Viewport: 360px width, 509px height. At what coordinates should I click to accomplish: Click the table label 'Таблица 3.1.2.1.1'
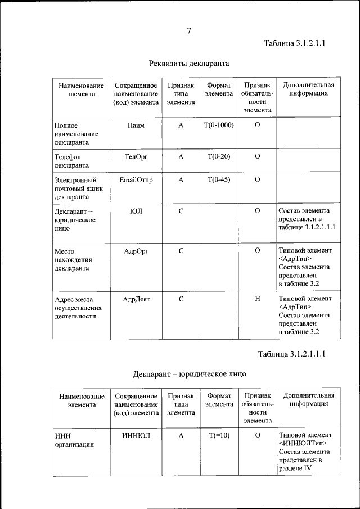295,44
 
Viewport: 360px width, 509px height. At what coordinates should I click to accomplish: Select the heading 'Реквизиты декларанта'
189,63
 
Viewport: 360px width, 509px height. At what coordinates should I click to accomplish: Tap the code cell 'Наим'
136,125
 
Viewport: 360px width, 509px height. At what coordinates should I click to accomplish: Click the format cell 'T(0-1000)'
219,125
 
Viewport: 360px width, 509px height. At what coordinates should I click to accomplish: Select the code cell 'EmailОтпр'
136,180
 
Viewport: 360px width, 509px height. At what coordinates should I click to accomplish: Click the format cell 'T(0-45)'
219,180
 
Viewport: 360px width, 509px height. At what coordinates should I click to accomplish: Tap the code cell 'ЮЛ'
136,211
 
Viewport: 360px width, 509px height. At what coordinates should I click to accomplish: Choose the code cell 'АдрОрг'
136,250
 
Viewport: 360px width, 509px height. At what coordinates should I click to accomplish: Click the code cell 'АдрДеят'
136,299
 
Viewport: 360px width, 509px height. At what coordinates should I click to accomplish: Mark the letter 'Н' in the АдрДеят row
257,299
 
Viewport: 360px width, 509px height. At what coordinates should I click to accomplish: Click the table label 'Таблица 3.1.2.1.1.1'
291,354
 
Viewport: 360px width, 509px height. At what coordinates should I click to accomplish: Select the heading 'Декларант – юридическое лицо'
189,373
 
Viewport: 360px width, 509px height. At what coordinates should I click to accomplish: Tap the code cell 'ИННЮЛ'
136,436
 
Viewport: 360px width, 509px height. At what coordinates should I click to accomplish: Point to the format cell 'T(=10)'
219,436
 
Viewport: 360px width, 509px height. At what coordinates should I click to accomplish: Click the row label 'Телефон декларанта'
71,161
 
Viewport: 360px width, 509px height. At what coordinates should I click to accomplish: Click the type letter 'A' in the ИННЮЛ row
181,436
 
